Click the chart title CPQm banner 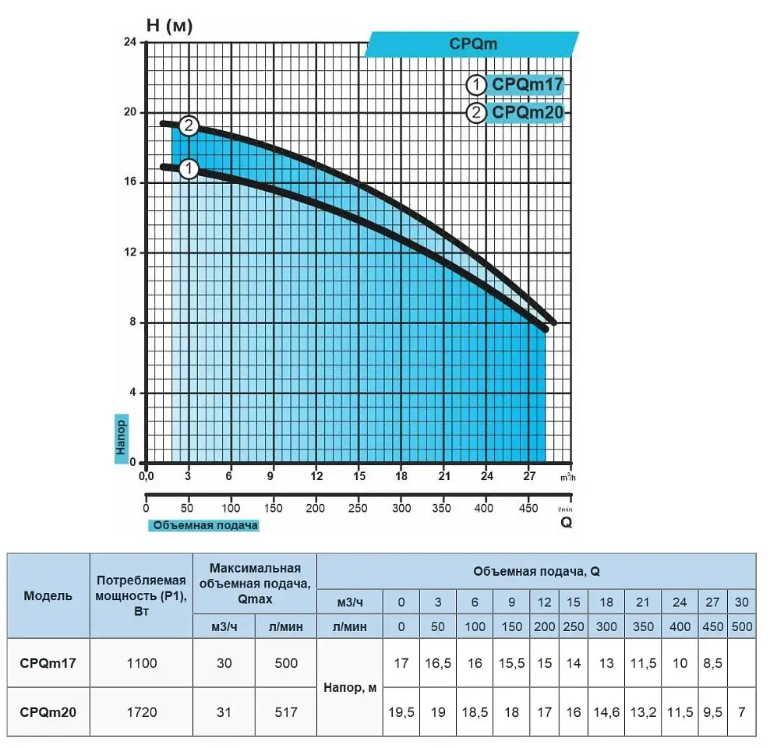pyautogui.click(x=472, y=44)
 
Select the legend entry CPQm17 pyautogui.click(x=527, y=84)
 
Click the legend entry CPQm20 pyautogui.click(x=527, y=112)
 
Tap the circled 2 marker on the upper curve pyautogui.click(x=189, y=125)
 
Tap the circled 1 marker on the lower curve pyautogui.click(x=189, y=169)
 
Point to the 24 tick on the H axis pyautogui.click(x=130, y=42)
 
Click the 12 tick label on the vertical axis pyautogui.click(x=130, y=252)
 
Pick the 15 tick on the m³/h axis pyautogui.click(x=359, y=475)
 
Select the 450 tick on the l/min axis pyautogui.click(x=528, y=508)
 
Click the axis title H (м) pyautogui.click(x=169, y=25)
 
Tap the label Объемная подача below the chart pyautogui.click(x=205, y=525)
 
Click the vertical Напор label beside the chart pyautogui.click(x=121, y=437)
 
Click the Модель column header pyautogui.click(x=48, y=596)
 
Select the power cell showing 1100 pyautogui.click(x=142, y=663)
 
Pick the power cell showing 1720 pyautogui.click(x=142, y=711)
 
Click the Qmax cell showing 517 pyautogui.click(x=286, y=711)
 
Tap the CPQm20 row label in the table pyautogui.click(x=48, y=711)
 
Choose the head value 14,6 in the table pyautogui.click(x=606, y=711)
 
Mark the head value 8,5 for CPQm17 pyautogui.click(x=712, y=663)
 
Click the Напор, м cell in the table pyautogui.click(x=350, y=688)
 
